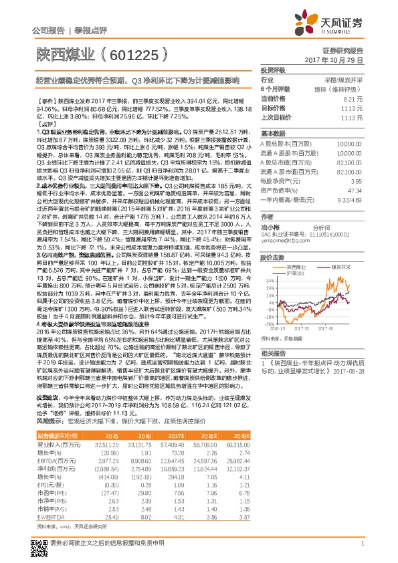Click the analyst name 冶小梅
coord(270,227)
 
